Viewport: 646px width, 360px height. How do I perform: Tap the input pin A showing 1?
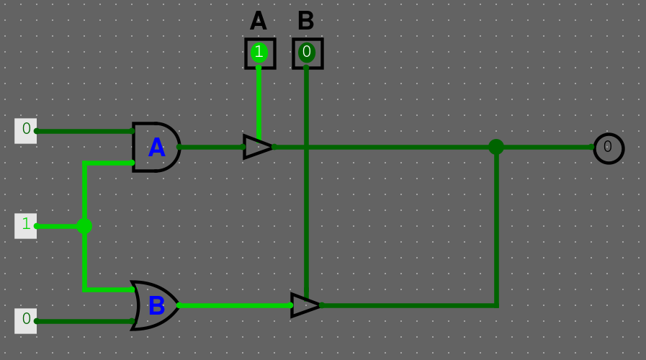tap(259, 53)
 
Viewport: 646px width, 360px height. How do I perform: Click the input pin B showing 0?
tap(307, 53)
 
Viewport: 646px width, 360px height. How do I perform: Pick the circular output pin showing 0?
tap(608, 148)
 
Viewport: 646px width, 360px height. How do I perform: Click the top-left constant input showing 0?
tap(26, 130)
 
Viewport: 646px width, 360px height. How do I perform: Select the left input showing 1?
tap(26, 225)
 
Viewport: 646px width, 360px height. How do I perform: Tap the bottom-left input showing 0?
tap(26, 320)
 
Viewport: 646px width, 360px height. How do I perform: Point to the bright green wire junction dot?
tap(84, 226)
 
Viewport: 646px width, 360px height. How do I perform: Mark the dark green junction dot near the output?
tap(496, 147)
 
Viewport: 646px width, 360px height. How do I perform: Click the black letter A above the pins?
tap(259, 22)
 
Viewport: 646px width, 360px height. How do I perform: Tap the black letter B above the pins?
tap(306, 22)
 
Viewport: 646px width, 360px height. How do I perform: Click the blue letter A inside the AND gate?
tap(156, 148)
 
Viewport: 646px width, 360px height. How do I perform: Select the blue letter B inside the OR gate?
tap(156, 306)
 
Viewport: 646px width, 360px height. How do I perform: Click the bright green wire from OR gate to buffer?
tap(234, 305)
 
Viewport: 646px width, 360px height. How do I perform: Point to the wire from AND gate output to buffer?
tap(212, 147)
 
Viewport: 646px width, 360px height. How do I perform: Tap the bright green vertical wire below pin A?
tap(259, 101)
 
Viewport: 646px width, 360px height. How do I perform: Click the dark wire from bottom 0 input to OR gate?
tap(83, 321)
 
